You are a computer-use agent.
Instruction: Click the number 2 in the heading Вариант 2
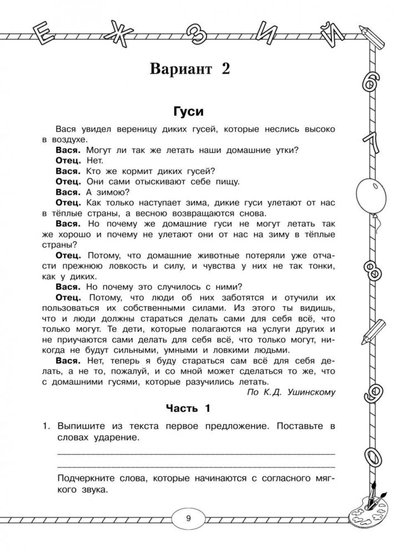click(222, 70)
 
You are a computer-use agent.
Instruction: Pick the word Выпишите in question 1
click(82, 426)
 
